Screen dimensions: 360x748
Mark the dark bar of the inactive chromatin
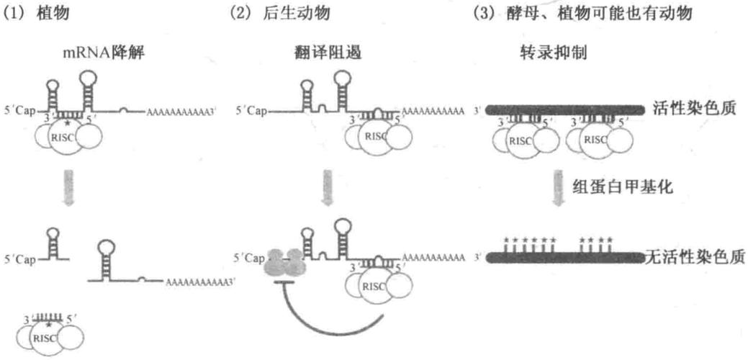tap(562, 256)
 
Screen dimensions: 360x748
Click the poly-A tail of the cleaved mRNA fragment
tap(198, 282)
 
